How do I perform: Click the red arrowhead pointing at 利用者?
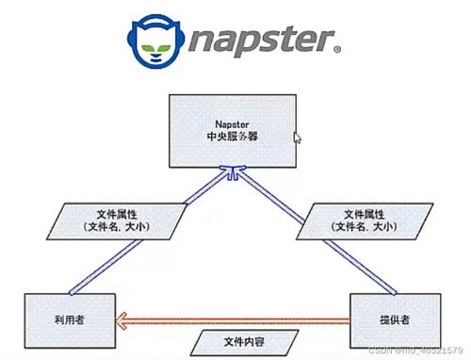pos(121,322)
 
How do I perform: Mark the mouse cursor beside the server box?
pos(297,138)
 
